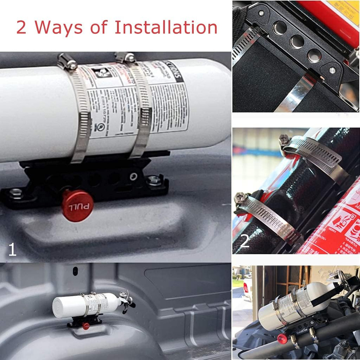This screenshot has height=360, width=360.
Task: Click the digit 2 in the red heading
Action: (22, 28)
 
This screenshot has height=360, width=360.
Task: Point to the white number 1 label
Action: (12, 249)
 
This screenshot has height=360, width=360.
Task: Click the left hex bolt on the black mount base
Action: (16, 193)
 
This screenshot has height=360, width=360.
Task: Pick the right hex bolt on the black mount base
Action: (155, 180)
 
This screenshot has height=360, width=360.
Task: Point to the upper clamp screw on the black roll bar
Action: (284, 139)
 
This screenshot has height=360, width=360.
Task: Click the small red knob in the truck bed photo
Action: (86, 326)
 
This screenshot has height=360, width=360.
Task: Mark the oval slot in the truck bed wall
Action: (75, 270)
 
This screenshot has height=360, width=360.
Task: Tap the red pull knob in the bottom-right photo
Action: (282, 338)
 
